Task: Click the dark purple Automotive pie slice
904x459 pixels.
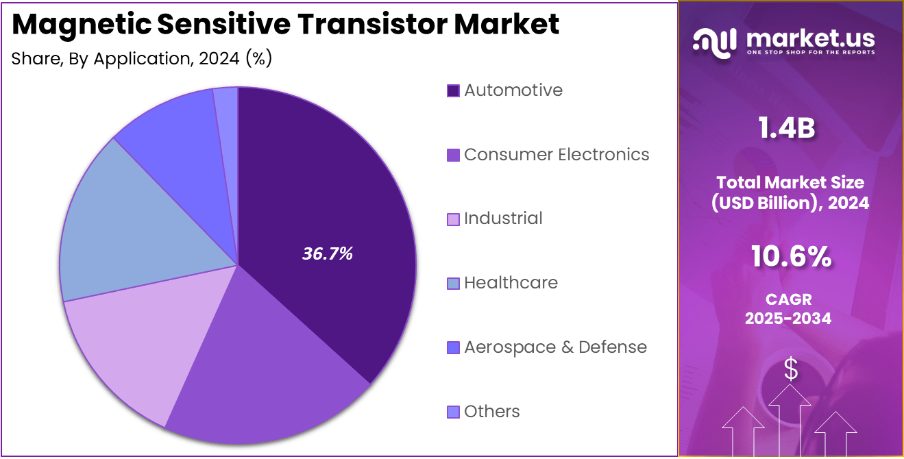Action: click(x=322, y=206)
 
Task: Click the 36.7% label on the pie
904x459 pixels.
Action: click(x=327, y=253)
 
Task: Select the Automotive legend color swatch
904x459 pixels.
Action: click(x=453, y=90)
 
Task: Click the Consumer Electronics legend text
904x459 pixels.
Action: click(x=557, y=155)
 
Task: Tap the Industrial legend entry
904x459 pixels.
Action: click(x=503, y=219)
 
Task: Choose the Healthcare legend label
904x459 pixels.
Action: click(x=511, y=283)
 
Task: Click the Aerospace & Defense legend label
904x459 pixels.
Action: click(x=555, y=347)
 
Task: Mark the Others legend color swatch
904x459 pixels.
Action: click(x=453, y=412)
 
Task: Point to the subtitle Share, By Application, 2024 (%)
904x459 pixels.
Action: click(x=142, y=59)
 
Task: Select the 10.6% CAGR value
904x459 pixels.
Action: click(x=791, y=258)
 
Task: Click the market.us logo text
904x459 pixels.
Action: click(x=808, y=39)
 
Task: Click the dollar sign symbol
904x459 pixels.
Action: click(x=791, y=369)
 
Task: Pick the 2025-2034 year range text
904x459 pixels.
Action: click(x=788, y=319)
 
